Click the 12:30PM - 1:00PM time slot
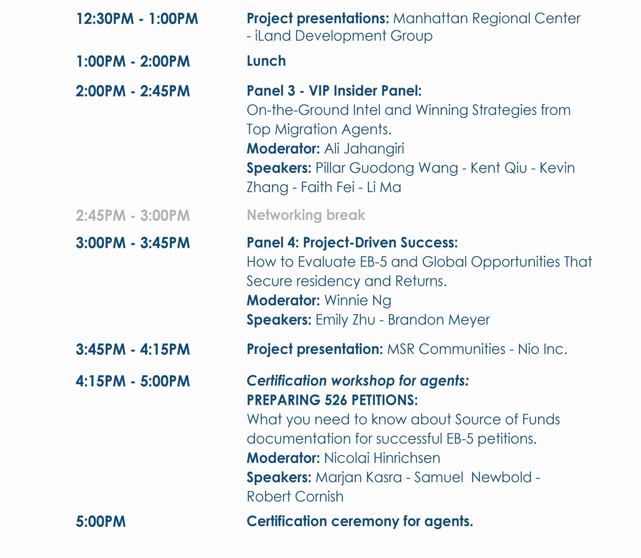(x=137, y=19)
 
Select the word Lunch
(x=266, y=61)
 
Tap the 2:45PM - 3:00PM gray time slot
(x=133, y=215)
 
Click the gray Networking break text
(x=306, y=215)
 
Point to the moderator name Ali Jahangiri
(x=364, y=149)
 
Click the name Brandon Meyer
(x=439, y=320)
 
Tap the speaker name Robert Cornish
(x=295, y=497)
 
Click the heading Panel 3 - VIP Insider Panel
(x=334, y=91)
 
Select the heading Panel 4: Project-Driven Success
(x=352, y=242)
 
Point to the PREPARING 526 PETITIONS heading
(x=332, y=400)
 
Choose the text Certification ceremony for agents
(x=360, y=521)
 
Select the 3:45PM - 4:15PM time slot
(x=133, y=349)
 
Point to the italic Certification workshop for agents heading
(x=358, y=381)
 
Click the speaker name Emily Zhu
(x=345, y=320)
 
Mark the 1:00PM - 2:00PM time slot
(x=133, y=61)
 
